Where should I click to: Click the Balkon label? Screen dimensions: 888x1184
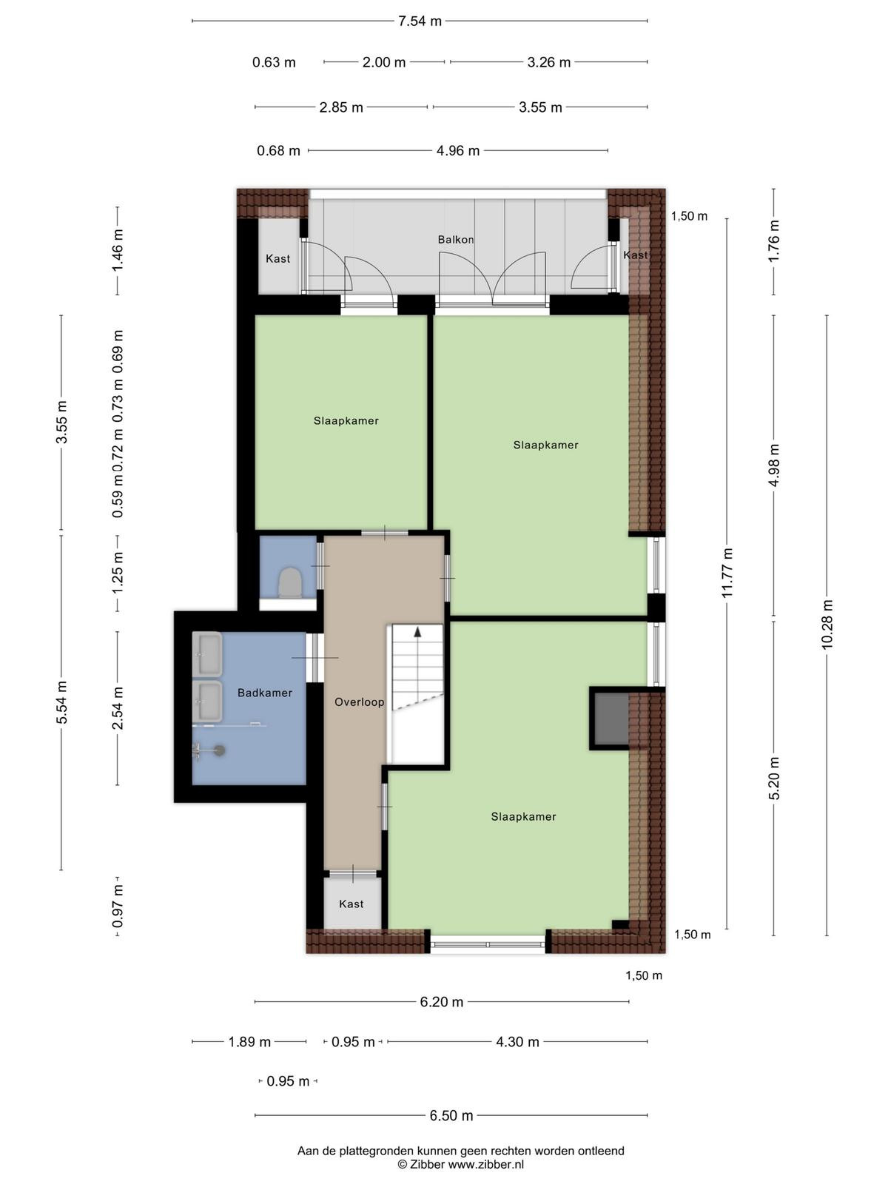pyautogui.click(x=456, y=240)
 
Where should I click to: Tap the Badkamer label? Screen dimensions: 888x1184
pyautogui.click(x=265, y=693)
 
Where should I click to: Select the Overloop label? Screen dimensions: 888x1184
pyautogui.click(x=359, y=702)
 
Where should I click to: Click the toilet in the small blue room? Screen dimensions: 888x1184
pyautogui.click(x=289, y=582)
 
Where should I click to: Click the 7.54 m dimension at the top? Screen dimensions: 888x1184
pyautogui.click(x=420, y=21)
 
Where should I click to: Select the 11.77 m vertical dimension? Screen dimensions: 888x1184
pyautogui.click(x=727, y=572)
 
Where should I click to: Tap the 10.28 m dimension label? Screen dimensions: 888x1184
pyautogui.click(x=827, y=624)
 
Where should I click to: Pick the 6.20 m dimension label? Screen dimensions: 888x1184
pyautogui.click(x=442, y=1002)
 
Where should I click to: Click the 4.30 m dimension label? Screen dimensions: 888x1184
pyautogui.click(x=517, y=1042)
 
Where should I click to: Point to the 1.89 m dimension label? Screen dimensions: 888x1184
pyautogui.click(x=249, y=1042)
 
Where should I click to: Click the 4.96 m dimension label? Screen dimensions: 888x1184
pyautogui.click(x=458, y=150)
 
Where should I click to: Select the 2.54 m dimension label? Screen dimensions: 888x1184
pyautogui.click(x=118, y=708)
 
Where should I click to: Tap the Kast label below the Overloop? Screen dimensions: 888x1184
pyautogui.click(x=351, y=904)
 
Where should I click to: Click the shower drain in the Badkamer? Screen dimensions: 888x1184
pyautogui.click(x=219, y=750)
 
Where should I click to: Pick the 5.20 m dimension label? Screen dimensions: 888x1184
pyautogui.click(x=774, y=777)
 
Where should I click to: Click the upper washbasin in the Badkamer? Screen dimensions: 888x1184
pyautogui.click(x=207, y=653)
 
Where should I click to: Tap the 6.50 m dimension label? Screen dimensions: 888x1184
pyautogui.click(x=451, y=1115)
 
